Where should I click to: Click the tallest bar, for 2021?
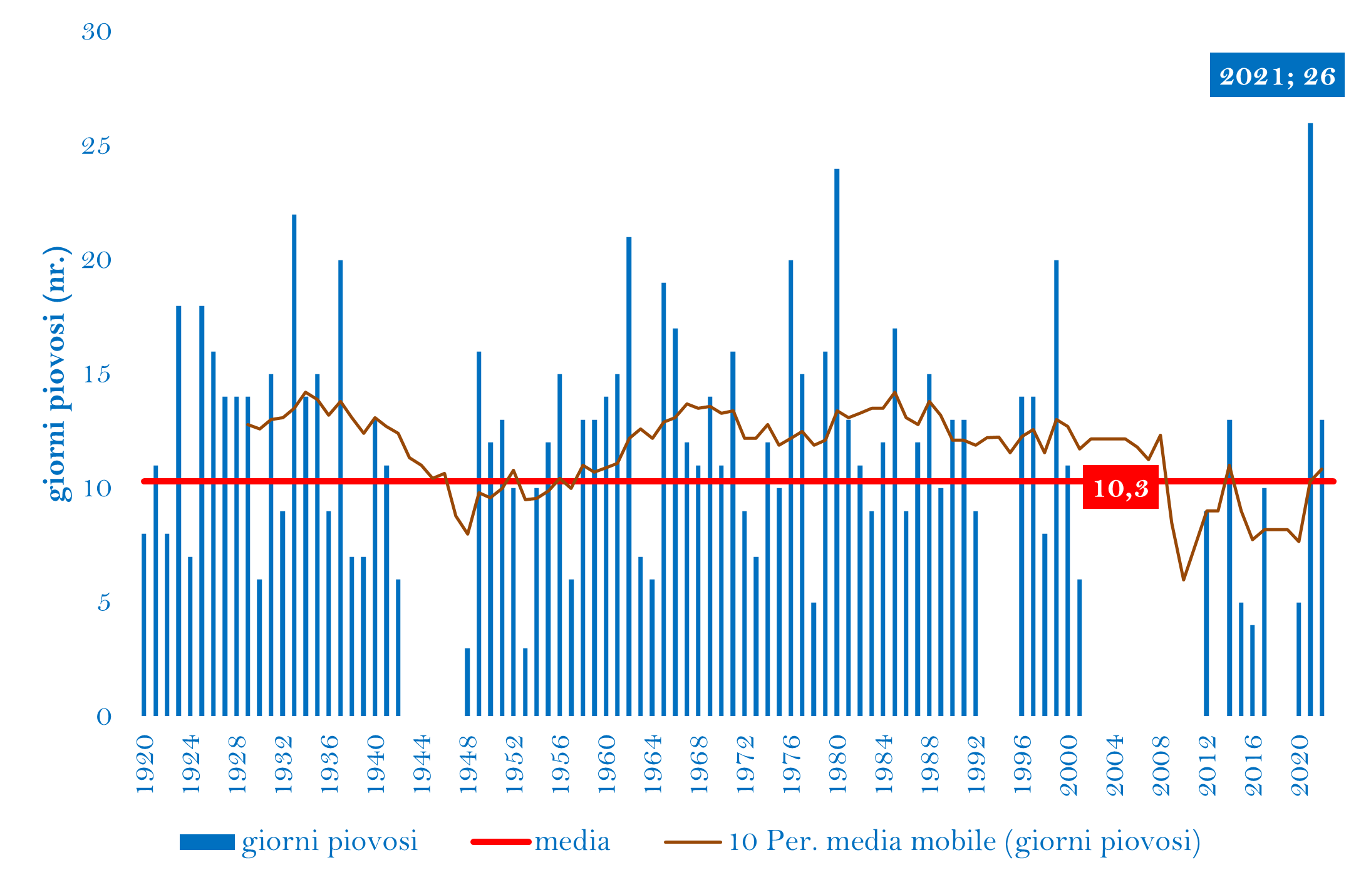click(x=1310, y=419)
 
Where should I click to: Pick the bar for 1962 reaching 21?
click(x=629, y=476)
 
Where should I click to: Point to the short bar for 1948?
click(x=467, y=682)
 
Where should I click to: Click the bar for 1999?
click(x=1056, y=488)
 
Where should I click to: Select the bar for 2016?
click(x=1252, y=670)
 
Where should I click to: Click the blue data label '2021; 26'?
click(x=1276, y=75)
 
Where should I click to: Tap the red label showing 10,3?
click(x=1120, y=488)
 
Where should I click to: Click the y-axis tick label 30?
click(x=96, y=32)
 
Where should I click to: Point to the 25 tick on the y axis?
click(x=96, y=146)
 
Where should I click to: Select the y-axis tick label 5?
click(x=103, y=603)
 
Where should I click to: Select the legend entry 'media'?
click(x=572, y=841)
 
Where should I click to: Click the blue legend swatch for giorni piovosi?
click(x=207, y=842)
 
